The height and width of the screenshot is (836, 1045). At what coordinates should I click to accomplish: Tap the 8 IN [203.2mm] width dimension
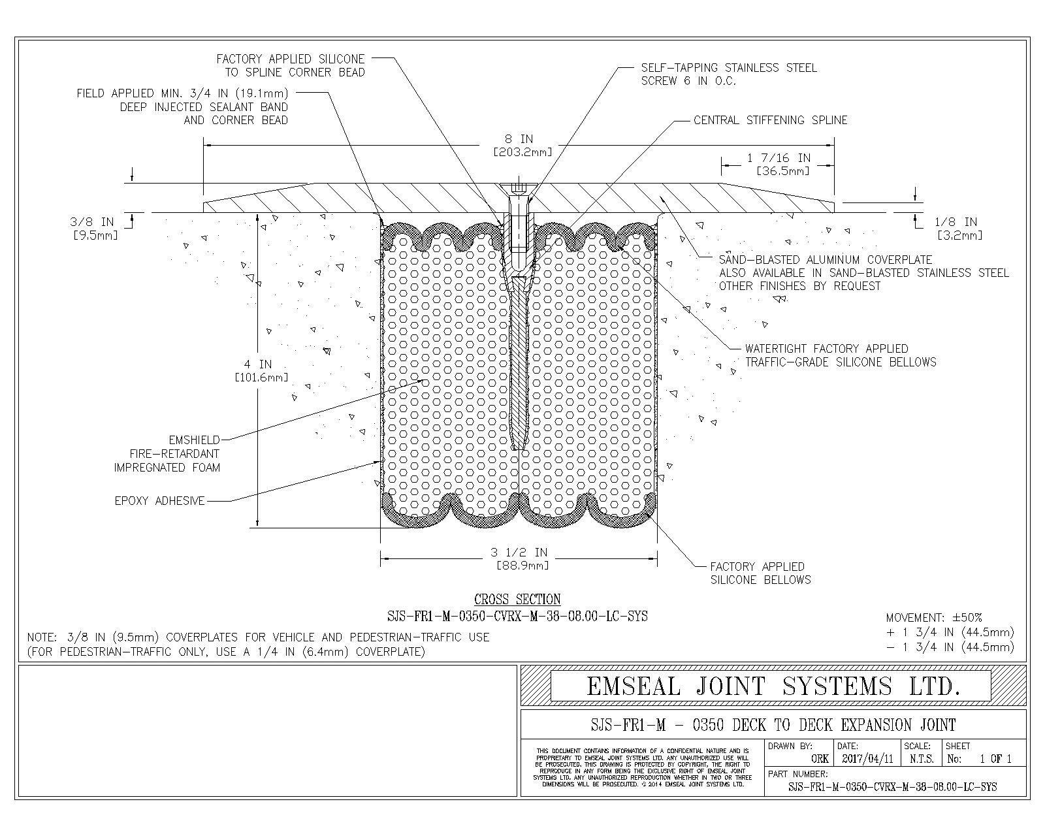(x=522, y=146)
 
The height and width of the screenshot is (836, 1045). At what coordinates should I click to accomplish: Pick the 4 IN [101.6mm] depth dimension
(x=261, y=370)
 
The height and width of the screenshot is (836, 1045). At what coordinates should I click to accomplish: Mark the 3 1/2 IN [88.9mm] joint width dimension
(x=519, y=558)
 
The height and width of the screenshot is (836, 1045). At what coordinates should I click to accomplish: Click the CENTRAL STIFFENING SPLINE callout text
(x=770, y=120)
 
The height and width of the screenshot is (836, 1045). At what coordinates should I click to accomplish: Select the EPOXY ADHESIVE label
(x=160, y=501)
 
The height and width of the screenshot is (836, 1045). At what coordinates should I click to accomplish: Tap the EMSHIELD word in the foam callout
(x=194, y=440)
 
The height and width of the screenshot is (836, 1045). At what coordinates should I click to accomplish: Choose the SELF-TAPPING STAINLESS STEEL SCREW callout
(x=729, y=74)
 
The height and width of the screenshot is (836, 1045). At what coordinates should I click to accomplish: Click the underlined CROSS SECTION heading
(x=517, y=599)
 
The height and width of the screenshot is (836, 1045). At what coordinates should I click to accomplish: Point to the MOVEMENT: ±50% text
(x=934, y=617)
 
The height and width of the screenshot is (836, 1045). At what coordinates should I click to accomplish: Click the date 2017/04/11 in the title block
(x=868, y=759)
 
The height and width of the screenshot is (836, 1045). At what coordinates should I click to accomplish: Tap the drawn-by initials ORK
(x=820, y=759)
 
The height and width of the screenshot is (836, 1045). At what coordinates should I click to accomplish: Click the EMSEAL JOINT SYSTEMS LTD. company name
(x=773, y=686)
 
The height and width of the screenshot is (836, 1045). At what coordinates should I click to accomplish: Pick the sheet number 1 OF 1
(x=995, y=759)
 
